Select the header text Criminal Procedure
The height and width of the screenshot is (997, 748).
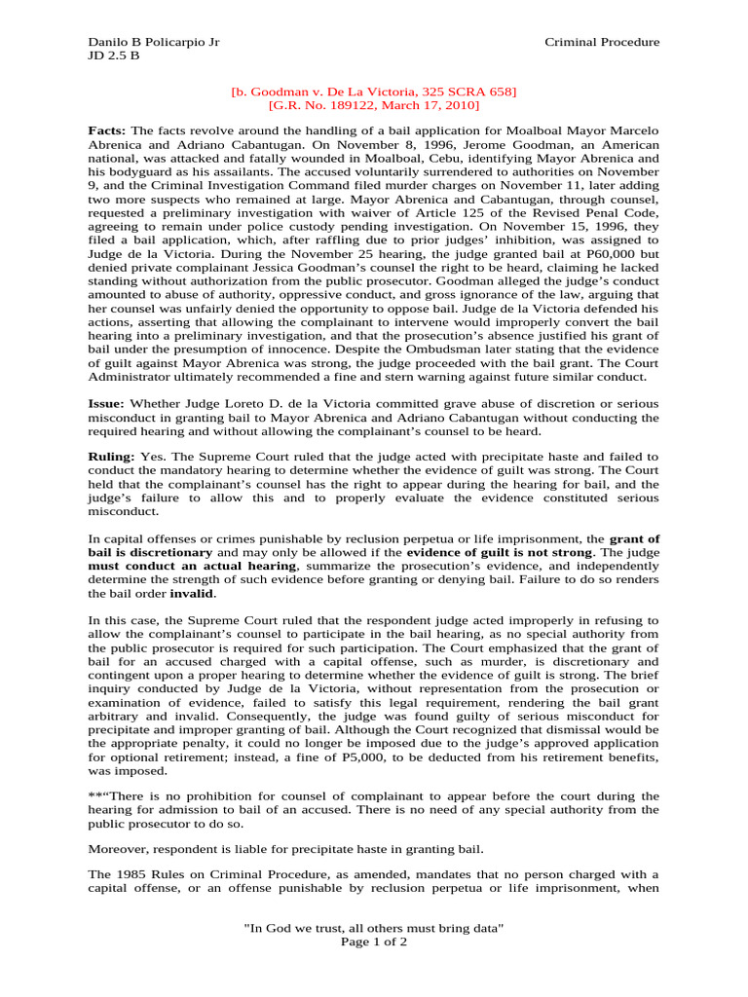click(x=601, y=42)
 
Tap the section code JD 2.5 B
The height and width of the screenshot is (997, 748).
click(x=113, y=55)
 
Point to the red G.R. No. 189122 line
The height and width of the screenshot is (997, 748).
click(x=373, y=105)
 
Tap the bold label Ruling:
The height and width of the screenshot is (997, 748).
click(x=112, y=456)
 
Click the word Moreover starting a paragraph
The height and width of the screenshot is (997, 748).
click(x=119, y=835)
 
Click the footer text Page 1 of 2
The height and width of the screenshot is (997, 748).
click(x=373, y=942)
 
